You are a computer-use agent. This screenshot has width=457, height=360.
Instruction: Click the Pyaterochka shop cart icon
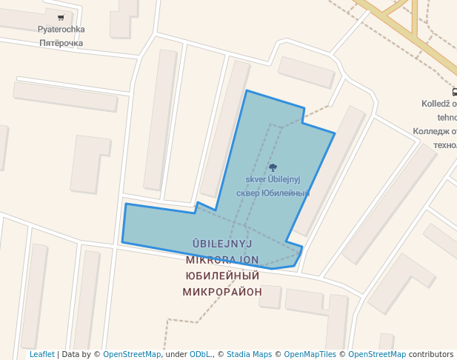[x=61, y=17]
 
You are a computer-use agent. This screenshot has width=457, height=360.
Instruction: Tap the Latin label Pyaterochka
[x=61, y=30]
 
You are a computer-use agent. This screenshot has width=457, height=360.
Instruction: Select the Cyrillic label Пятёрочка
[x=61, y=43]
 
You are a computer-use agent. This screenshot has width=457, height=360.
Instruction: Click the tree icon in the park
[x=273, y=167]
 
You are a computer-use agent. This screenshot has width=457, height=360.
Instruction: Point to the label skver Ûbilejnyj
[x=273, y=179]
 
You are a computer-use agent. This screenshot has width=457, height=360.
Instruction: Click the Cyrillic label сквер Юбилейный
[x=272, y=193]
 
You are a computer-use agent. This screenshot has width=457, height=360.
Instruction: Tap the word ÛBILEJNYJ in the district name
[x=223, y=243]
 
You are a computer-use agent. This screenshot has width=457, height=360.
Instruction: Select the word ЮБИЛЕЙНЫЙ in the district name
[x=222, y=276]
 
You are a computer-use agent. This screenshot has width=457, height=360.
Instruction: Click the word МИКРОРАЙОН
[x=222, y=292]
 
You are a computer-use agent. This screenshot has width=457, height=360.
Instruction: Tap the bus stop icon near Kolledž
[x=454, y=93]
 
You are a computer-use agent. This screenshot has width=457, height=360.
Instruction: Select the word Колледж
[x=431, y=131]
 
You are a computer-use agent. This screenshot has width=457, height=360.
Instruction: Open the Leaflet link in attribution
[x=41, y=354]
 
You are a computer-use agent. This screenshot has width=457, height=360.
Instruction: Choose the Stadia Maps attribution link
[x=249, y=354]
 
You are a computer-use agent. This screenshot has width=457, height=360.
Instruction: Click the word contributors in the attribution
[x=431, y=354]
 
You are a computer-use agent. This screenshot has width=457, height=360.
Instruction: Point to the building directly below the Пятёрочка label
[x=65, y=96]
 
